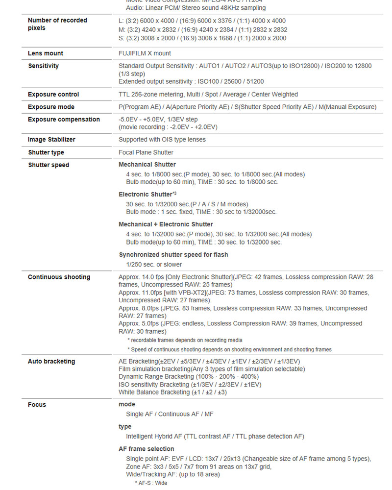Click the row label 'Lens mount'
coord(46,53)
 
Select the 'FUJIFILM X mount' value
coord(145,53)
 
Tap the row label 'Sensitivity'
coord(43,66)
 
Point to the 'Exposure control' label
coord(53,95)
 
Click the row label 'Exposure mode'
coord(51,107)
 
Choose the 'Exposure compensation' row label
coord(64,120)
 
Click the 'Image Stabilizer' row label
coord(51,140)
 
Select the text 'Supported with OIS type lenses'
coord(162,140)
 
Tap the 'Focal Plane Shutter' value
coord(146,152)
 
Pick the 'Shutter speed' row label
coord(49,165)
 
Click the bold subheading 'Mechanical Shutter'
coord(147,165)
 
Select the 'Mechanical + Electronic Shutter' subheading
coord(166,224)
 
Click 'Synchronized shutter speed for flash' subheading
coord(173,255)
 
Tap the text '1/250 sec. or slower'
coord(154,265)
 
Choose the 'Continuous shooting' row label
coord(59,277)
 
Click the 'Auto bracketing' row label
coord(51,362)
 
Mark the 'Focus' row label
coord(37,405)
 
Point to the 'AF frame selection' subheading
coord(146,449)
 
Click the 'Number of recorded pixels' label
coord(57,24)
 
